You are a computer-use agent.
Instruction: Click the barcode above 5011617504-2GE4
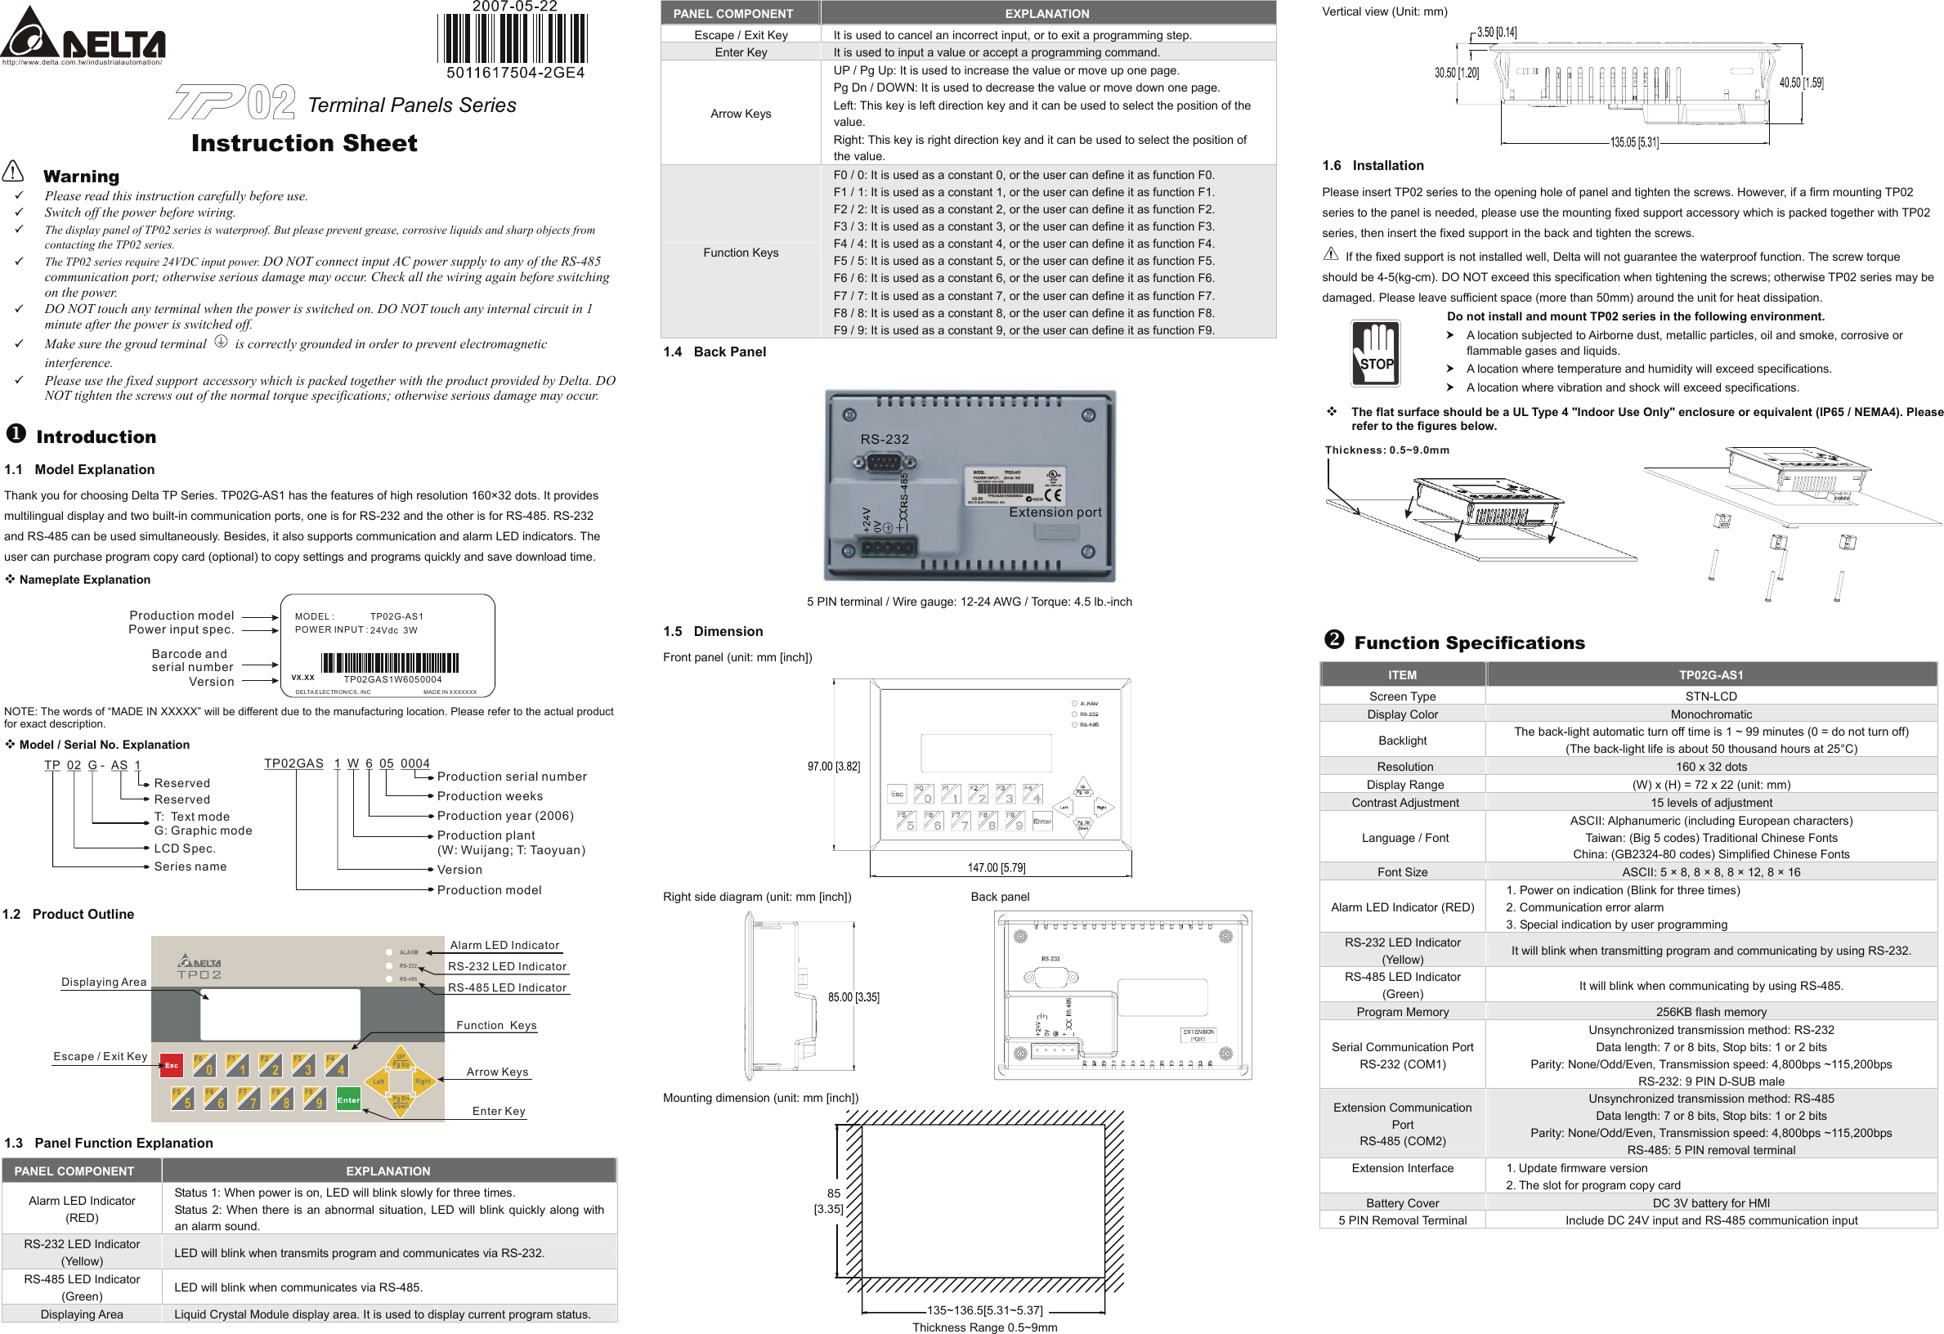click(x=512, y=38)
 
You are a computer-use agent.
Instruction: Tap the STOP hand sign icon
click(x=1375, y=354)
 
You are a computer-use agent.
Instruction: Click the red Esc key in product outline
click(x=171, y=1065)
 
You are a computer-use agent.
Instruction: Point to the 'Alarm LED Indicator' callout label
click(x=504, y=945)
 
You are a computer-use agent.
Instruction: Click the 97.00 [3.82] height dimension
click(x=833, y=766)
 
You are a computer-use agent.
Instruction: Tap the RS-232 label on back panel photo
click(x=885, y=439)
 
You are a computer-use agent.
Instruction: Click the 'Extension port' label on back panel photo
click(x=1055, y=512)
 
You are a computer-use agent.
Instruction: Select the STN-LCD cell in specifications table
click(x=1711, y=696)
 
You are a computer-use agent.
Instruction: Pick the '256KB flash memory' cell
click(x=1711, y=1012)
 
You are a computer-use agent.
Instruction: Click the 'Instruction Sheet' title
click(x=303, y=143)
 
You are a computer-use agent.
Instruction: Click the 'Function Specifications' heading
click(x=1469, y=642)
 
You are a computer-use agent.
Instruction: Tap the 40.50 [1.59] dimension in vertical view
click(x=1801, y=83)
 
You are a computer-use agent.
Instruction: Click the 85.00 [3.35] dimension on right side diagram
click(x=853, y=997)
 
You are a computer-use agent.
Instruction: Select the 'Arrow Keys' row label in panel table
click(x=741, y=114)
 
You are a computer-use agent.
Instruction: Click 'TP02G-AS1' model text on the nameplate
click(x=396, y=616)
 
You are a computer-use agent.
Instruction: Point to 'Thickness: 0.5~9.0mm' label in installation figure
click(x=1386, y=450)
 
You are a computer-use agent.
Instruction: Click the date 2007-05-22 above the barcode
click(x=514, y=7)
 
